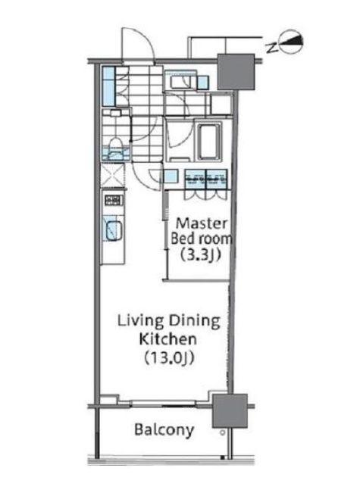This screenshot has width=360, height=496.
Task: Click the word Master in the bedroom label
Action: click(202, 223)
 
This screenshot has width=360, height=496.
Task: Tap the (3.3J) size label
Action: click(200, 254)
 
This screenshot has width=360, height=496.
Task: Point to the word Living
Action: click(141, 321)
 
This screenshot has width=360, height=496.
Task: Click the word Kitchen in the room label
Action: click(168, 339)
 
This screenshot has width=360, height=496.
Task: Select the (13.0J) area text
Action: click(169, 358)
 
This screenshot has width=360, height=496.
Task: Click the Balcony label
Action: click(164, 430)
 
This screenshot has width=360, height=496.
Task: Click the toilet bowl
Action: click(115, 146)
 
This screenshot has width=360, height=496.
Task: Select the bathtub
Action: click(210, 142)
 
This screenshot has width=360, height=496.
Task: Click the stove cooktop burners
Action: click(114, 200)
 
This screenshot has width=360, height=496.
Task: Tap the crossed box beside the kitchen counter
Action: click(112, 175)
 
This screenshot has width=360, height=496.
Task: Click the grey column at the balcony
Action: click(230, 410)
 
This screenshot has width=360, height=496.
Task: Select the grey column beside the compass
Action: click(236, 72)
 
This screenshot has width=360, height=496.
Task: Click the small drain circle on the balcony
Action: click(223, 432)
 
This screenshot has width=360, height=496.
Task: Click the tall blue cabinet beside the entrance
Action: click(108, 86)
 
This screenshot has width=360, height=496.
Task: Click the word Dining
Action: click(194, 321)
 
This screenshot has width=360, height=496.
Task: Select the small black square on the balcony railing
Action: click(223, 457)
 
